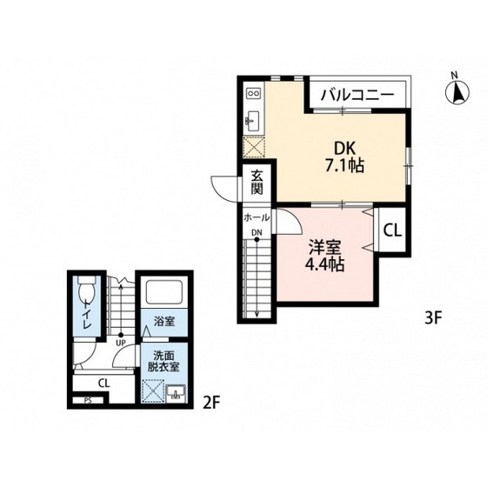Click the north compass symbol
click(457, 92)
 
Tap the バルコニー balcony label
click(357, 94)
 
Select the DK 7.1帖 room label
click(344, 157)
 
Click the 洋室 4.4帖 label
click(325, 256)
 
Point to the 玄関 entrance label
click(257, 183)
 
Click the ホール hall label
click(257, 217)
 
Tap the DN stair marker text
click(257, 232)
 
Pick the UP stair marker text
click(121, 343)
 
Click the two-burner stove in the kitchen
click(254, 92)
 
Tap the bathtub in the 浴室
click(163, 292)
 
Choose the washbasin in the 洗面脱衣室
click(176, 394)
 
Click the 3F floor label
click(433, 318)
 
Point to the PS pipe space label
click(88, 401)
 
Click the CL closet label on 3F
click(392, 230)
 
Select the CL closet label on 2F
click(103, 384)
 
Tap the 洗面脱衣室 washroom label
click(163, 361)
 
